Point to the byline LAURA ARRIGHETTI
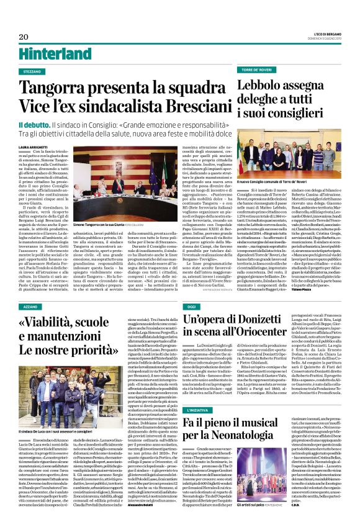pos(40,147)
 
